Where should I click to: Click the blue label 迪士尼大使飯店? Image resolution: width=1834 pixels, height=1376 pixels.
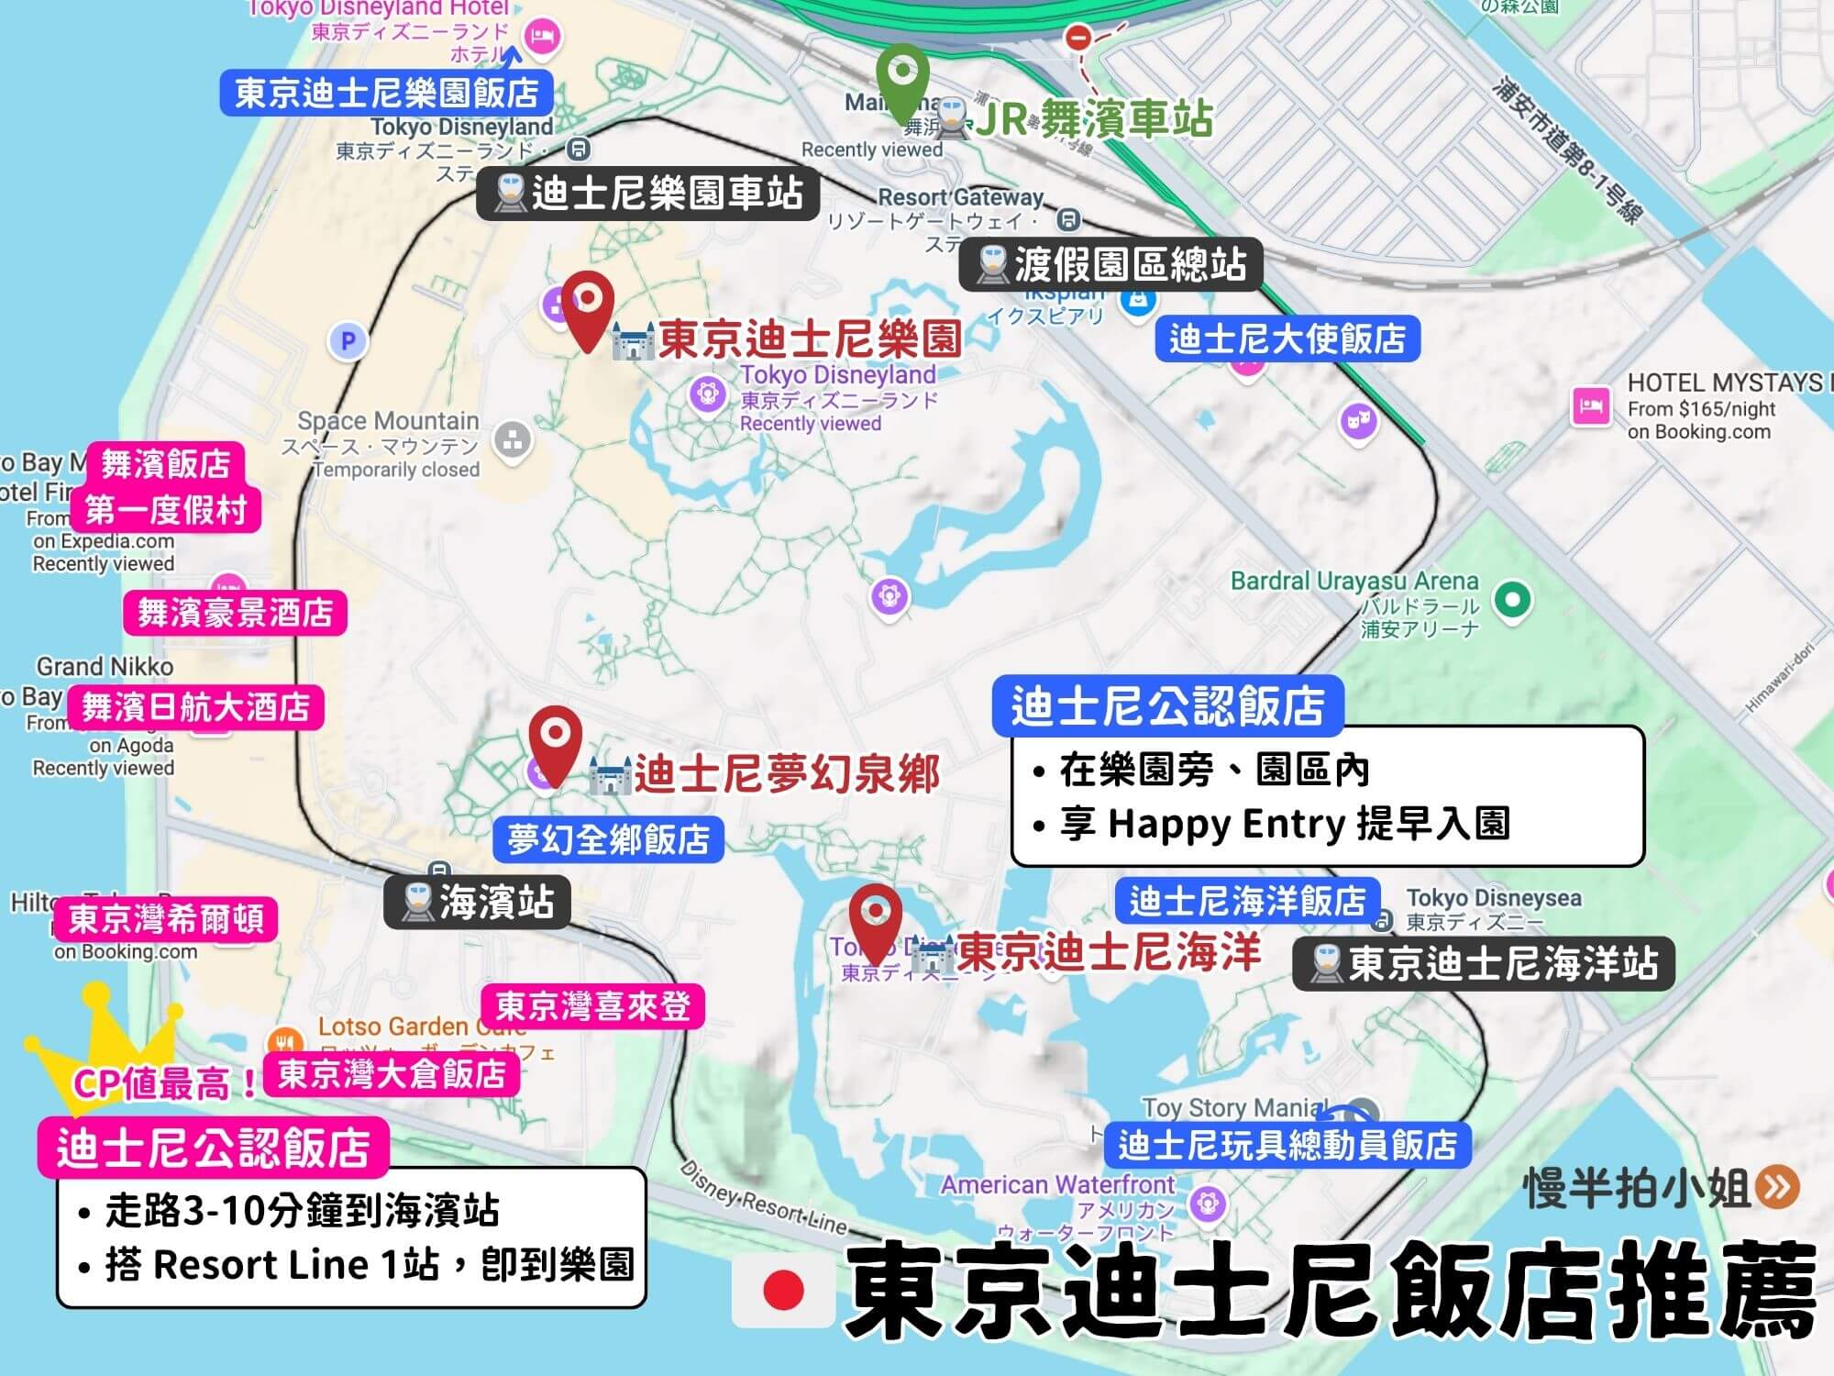pyautogui.click(x=1287, y=338)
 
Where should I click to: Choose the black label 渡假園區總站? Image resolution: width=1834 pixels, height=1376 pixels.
pyautogui.click(x=1110, y=265)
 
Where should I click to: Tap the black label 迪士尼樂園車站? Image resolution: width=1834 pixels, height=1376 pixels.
pyautogui.click(x=647, y=194)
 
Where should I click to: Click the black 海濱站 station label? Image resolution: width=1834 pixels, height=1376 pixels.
pyautogui.click(x=477, y=902)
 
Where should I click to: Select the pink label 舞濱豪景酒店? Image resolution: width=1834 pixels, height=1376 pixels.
pyautogui.click(x=235, y=612)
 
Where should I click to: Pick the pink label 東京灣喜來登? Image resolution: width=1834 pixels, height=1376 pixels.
pyautogui.click(x=592, y=1006)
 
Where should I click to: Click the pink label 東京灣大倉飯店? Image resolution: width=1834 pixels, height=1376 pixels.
pyautogui.click(x=392, y=1073)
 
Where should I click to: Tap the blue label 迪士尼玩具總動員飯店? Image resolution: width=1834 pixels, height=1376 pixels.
pyautogui.click(x=1287, y=1145)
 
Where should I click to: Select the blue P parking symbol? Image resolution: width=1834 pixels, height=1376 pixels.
pyautogui.click(x=348, y=341)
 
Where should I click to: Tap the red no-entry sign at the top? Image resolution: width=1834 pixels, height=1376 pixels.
pyautogui.click(x=1077, y=39)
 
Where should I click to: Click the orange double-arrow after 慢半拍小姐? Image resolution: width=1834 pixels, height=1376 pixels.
pyautogui.click(x=1777, y=1187)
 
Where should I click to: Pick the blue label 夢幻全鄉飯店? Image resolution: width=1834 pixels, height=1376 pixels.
pyautogui.click(x=608, y=839)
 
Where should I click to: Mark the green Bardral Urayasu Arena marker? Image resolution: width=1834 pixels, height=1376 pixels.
pyautogui.click(x=1512, y=601)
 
